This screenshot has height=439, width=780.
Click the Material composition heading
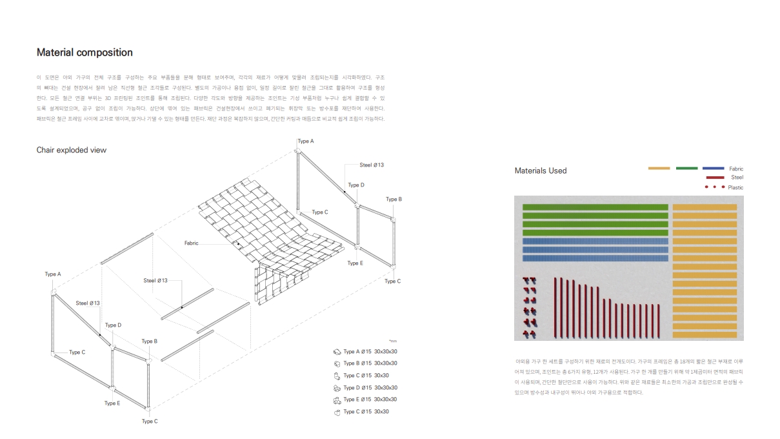point(85,53)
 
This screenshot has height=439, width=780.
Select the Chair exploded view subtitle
point(71,150)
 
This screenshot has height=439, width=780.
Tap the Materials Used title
point(541,171)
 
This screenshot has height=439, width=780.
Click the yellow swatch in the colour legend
point(659,168)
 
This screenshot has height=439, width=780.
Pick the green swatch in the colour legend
point(686,168)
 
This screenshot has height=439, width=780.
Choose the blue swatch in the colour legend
point(713,168)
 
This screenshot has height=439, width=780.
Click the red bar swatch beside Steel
point(716,178)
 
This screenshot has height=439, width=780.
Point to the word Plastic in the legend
point(735,188)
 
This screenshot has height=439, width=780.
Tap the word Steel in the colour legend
point(737,178)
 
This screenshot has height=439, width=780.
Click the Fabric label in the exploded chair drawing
point(191,243)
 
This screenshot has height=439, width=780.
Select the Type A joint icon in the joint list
point(336,352)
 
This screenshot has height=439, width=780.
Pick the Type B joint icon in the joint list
point(336,363)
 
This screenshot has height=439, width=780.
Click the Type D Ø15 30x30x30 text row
point(370,388)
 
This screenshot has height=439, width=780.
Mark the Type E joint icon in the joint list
point(336,400)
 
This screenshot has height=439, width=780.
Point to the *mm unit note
point(393,341)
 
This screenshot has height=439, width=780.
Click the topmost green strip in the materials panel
point(595,207)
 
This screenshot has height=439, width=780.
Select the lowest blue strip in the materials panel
point(595,258)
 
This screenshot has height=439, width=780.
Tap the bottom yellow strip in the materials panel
point(705,335)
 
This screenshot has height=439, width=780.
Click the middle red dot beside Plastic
point(715,187)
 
